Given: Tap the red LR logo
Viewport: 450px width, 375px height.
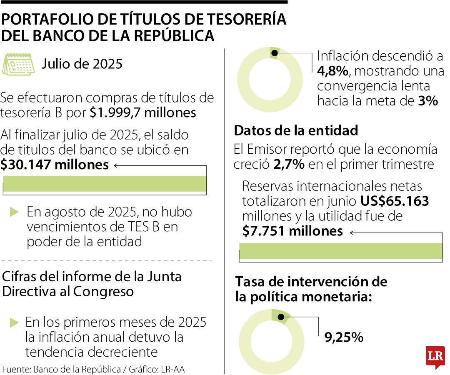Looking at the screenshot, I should coord(435,357).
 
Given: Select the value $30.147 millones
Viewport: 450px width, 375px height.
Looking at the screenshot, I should coord(55,165).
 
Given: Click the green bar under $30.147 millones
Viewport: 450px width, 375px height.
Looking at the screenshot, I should coord(105,184).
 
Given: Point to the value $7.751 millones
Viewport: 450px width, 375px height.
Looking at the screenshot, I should coord(292,231).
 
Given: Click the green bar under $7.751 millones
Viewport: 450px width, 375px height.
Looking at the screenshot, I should coord(340,251).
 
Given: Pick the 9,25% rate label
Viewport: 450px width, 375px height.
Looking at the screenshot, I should coord(344,337).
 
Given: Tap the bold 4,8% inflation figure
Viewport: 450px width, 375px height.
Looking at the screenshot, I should coord(332,71).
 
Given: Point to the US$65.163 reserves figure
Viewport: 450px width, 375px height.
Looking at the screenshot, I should coord(395,201).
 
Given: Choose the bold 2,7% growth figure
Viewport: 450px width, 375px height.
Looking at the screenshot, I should coord(289,164).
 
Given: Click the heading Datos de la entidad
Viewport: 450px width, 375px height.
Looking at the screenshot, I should coord(296,130).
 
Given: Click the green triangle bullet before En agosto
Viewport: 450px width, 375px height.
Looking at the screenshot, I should coord(15,212).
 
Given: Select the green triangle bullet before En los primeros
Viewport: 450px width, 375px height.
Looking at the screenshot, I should coord(15,322).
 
